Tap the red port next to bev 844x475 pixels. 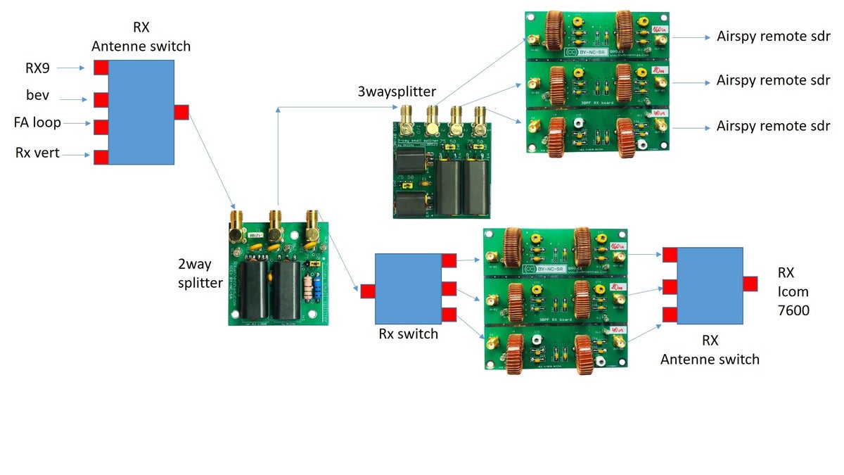coord(101,99)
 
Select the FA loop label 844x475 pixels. coord(37,122)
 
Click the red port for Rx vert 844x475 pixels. coord(101,157)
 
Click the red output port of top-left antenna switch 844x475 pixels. coord(181,112)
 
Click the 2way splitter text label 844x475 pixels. coord(200,273)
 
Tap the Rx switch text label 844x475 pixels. coord(408,334)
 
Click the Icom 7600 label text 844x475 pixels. coord(793,300)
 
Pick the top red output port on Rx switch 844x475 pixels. coord(449,261)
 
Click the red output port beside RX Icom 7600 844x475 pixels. coord(750,284)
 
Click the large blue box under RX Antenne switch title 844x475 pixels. coord(141,112)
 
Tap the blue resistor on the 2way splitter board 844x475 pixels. coord(321,289)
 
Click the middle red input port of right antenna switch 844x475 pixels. coord(670,286)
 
